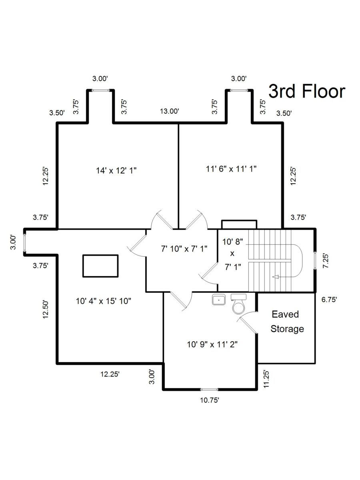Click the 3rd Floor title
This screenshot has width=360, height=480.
coord(307,92)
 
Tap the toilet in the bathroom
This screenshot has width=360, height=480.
coord(239,304)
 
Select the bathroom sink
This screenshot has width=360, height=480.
coord(218,300)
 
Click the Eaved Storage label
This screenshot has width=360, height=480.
coord(286,322)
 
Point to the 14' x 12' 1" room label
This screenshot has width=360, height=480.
coord(116,170)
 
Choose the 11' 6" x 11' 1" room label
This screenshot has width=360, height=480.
coord(231,169)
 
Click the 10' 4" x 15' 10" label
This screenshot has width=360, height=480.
coord(103,301)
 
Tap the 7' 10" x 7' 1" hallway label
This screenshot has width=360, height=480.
coord(184,249)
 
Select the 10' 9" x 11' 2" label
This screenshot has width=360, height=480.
coord(212,345)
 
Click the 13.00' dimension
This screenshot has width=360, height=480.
coord(170,111)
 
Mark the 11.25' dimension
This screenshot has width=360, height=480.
coord(266,379)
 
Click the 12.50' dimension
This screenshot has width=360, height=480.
coord(45,309)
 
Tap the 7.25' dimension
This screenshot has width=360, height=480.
coord(326,261)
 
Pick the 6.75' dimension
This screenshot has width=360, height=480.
coord(329,300)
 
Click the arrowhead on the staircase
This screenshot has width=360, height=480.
coord(275,277)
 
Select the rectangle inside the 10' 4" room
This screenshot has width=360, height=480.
coord(100,266)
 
